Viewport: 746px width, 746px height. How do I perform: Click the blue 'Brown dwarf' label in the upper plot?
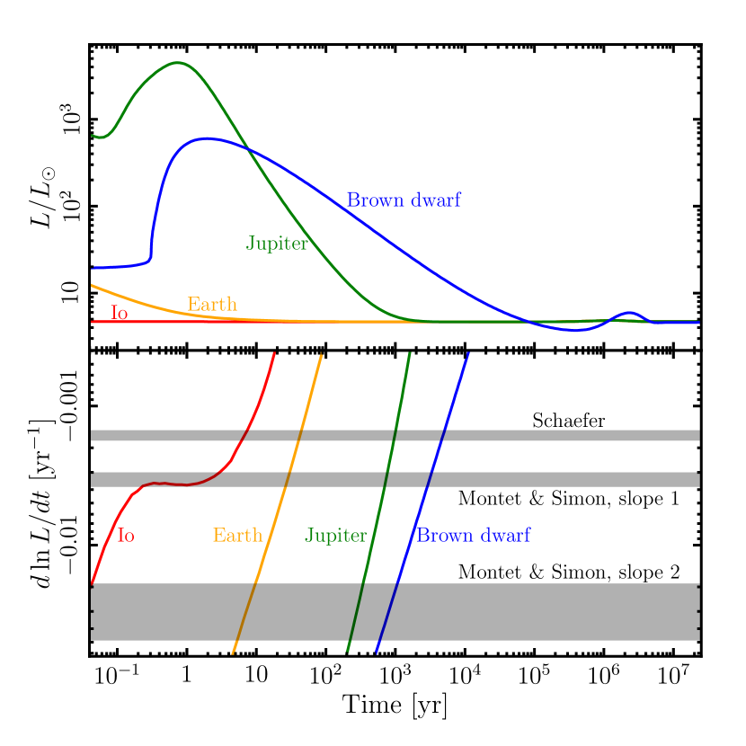coord(404,200)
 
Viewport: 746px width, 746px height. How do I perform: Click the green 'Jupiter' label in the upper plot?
coord(277,244)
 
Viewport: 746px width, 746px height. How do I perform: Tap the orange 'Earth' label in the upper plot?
coord(212,305)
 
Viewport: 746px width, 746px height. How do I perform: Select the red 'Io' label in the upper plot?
coord(119,314)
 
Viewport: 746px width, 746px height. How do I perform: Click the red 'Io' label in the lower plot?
coord(126,536)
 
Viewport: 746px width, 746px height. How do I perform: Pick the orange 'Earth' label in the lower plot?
coord(237,536)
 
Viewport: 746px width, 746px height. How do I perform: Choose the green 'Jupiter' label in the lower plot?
coord(335,536)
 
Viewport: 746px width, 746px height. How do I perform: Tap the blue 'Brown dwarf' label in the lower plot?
coord(473,536)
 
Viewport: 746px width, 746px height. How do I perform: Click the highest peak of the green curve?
coord(178,63)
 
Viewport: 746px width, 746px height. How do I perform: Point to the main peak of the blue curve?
coord(208,138)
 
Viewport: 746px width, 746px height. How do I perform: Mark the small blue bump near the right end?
coord(631,313)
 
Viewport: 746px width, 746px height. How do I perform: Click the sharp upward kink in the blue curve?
coord(150,258)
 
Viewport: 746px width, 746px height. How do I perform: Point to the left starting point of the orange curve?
coord(93,286)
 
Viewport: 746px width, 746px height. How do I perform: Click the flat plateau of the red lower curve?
coord(175,484)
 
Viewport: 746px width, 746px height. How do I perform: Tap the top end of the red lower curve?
coord(274,354)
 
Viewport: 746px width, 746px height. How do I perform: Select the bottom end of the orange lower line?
coord(233,653)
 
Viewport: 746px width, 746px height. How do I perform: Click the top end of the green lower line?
coord(410,353)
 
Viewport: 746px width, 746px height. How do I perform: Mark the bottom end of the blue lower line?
coord(376,653)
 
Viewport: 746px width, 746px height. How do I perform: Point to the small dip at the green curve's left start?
coord(103,138)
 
